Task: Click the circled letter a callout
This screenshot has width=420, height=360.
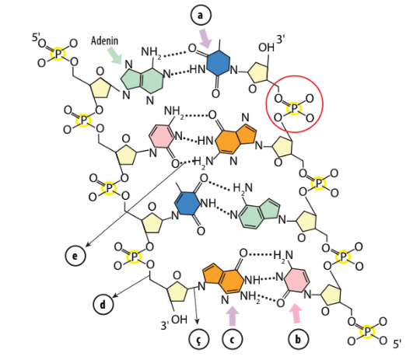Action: pos(201,16)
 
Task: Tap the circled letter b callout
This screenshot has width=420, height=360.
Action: pos(298,339)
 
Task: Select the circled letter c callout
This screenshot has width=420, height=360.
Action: pos(233,339)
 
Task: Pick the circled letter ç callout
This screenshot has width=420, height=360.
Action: pos(199,339)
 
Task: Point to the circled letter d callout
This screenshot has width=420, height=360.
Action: pos(103,305)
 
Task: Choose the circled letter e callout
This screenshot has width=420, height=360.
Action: pos(75,256)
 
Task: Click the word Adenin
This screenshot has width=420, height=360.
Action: pos(104,40)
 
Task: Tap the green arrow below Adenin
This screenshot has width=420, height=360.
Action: pos(114,56)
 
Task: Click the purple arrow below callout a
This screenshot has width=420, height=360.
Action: pos(205,38)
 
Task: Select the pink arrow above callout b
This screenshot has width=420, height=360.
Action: pos(296,313)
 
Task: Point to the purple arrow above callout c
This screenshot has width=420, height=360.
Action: pos(232,316)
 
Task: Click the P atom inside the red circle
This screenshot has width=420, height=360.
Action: pos(294,109)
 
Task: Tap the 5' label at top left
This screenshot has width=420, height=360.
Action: pos(36,37)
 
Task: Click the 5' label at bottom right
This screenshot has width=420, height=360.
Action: pos(397,344)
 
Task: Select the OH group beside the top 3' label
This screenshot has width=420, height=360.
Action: pos(266,47)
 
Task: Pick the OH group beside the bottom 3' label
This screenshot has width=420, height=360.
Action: pos(179,320)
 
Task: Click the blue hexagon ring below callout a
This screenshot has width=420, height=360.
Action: pos(219,63)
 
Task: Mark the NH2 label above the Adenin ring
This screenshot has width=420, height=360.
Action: pos(151,52)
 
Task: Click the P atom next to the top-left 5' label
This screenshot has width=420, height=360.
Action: pos(58,54)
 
